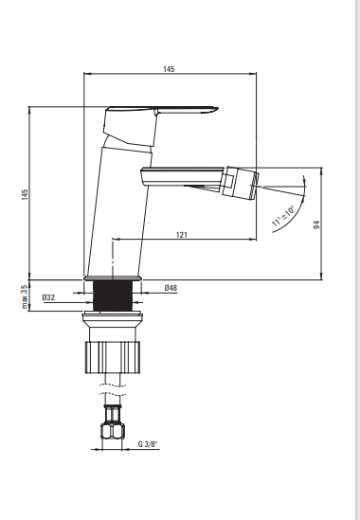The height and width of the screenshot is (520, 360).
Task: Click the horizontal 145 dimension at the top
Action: pos(169,69)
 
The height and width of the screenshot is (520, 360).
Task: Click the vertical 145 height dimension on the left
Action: pos(25,194)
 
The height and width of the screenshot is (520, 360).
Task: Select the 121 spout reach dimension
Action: pos(182,235)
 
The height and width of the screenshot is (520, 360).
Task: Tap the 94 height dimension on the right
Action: pos(316,224)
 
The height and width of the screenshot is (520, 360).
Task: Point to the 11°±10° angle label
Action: pos(283,216)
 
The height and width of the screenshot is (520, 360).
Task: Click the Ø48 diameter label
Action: pos(171,288)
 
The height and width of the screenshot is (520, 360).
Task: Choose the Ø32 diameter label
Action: pos(48,297)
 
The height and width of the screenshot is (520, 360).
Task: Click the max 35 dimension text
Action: pos(25,296)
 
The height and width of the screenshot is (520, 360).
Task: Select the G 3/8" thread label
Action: pos(148,444)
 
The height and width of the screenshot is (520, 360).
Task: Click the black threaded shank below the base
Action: pos(113,296)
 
